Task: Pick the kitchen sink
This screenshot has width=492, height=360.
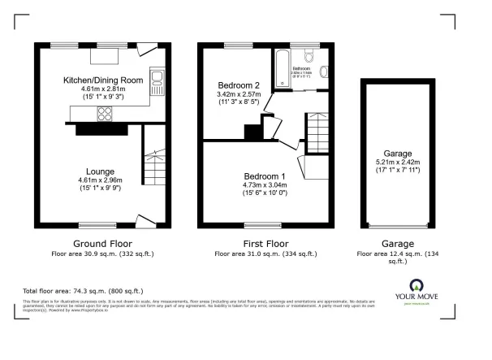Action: tap(158, 80)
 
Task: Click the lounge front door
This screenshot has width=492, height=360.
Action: tap(145, 223)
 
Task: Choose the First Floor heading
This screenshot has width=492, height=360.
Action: tap(262, 243)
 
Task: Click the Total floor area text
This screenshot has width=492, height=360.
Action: tap(84, 291)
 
